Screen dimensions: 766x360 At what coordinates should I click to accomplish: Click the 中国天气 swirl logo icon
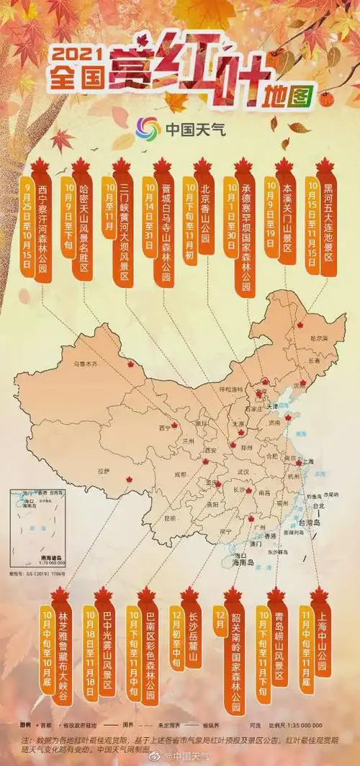point(148,130)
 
